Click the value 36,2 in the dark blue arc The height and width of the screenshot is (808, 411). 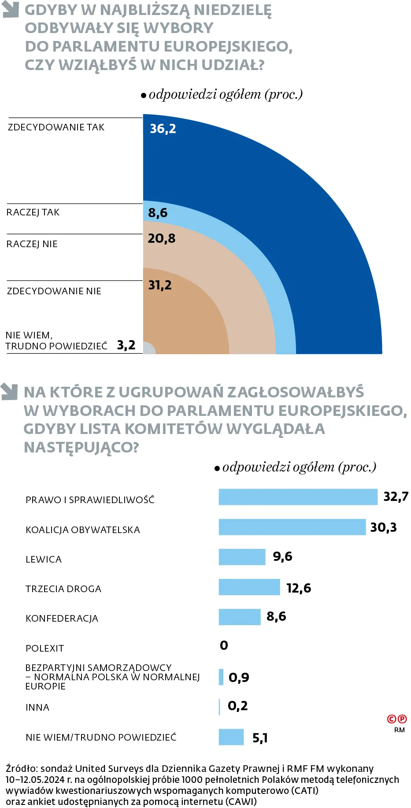tap(163, 129)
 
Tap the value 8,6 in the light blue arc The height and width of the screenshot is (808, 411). tap(158, 213)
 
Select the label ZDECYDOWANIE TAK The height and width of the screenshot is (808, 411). tap(56, 127)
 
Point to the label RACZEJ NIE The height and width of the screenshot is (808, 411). tap(32, 244)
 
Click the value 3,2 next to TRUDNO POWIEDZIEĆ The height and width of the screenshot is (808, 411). tap(126, 345)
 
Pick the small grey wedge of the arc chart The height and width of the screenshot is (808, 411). tap(148, 348)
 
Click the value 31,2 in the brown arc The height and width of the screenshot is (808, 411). tap(159, 285)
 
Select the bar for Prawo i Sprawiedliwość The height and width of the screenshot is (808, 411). tap(298, 497)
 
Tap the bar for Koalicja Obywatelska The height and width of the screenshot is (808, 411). tap(292, 527)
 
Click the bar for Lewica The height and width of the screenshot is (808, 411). tap(242, 557)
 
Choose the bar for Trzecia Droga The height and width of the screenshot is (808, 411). tap(249, 587)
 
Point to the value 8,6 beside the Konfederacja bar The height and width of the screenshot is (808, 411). tap(276, 616)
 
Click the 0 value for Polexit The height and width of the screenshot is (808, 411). tap(224, 645)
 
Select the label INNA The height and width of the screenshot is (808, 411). tap(37, 708)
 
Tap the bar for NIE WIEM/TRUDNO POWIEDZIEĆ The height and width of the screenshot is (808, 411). tap(231, 737)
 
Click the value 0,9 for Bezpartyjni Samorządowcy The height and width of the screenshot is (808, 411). tap(239, 677)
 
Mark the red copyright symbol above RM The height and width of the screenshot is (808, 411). tap(392, 719)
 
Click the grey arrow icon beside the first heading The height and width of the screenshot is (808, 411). tap(11, 10)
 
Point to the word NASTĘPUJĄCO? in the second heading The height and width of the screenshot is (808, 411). tap(81, 447)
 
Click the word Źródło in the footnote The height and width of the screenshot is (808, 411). tap(22, 769)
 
